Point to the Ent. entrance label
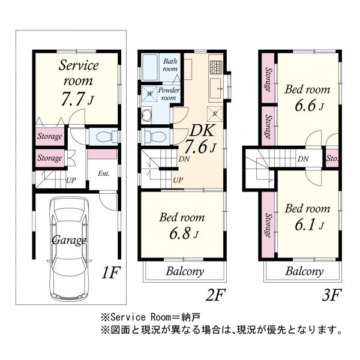pos(103,174)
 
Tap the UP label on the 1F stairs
pos(71,179)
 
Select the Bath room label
pos(170,65)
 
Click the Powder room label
pos(168,94)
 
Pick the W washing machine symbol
pos(148,93)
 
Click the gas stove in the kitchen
pos(216,66)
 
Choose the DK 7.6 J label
pos(199,140)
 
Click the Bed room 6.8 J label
pos(181,225)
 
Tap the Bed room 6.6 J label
pos(307,98)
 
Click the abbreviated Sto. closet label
pos(332,160)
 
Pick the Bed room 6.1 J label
pos(307,216)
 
